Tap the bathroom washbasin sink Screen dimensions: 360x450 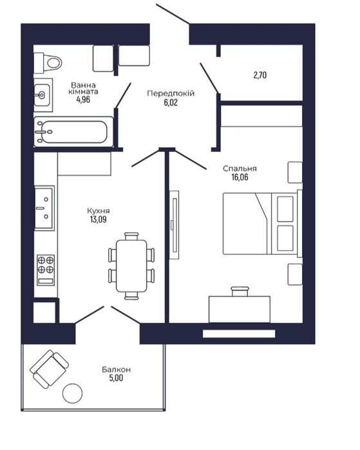click(43, 95)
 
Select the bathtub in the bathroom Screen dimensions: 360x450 click(73, 132)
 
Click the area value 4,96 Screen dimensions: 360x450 click(83, 100)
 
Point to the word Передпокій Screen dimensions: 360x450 click(171, 93)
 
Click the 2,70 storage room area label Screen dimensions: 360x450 click(260, 75)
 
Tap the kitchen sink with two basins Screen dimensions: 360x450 click(44, 208)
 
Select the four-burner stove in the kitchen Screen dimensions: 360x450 click(46, 270)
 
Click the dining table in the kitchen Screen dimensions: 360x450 click(131, 266)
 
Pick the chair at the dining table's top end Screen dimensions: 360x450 click(131, 236)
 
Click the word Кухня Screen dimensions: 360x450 click(98, 211)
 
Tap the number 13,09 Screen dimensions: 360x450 click(98, 220)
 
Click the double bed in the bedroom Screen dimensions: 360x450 click(263, 223)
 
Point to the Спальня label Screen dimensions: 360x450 click(240, 169)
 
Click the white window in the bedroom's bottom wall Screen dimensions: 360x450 click(239, 333)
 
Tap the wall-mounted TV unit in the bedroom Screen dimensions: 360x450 click(174, 225)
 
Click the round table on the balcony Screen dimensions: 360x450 click(73, 393)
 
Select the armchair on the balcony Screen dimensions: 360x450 click(50, 369)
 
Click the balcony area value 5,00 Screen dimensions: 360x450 click(116, 378)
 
